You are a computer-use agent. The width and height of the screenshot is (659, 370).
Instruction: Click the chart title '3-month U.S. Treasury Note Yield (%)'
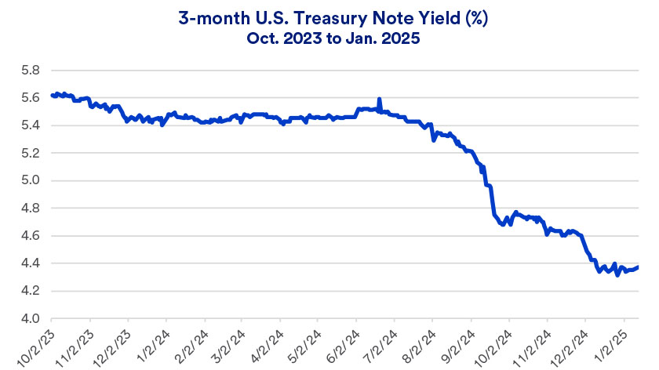pyautogui.click(x=329, y=17)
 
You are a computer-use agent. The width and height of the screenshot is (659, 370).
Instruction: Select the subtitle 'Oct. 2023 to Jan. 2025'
pyautogui.click(x=329, y=38)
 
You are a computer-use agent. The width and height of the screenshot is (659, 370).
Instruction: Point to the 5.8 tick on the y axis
pyautogui.click(x=30, y=71)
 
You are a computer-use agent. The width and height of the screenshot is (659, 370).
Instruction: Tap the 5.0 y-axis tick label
pyautogui.click(x=30, y=180)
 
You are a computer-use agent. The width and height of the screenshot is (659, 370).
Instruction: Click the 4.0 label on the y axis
pyautogui.click(x=30, y=319)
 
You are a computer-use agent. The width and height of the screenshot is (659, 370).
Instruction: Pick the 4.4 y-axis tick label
pyautogui.click(x=30, y=263)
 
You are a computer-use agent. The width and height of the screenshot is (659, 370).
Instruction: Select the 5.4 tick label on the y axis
pyautogui.click(x=30, y=125)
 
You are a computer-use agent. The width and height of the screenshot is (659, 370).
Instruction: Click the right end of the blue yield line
pyautogui.click(x=637, y=267)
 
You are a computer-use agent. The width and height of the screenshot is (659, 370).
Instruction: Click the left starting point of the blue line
pyautogui.click(x=52, y=95)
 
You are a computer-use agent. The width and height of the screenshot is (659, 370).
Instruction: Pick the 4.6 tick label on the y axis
pyautogui.click(x=30, y=236)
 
